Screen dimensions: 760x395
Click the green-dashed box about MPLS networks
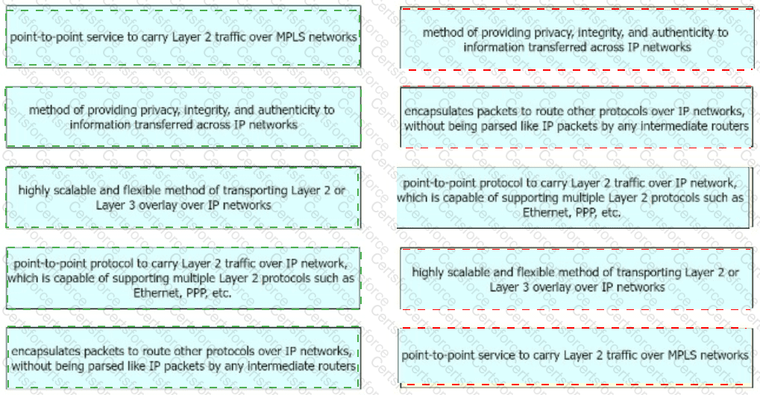click(x=183, y=37)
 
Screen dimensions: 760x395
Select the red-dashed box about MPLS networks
click(x=575, y=356)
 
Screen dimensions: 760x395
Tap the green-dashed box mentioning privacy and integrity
click(x=183, y=117)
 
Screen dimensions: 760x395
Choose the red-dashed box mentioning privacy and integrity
click(x=577, y=39)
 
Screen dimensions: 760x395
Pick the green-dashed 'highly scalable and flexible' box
click(x=183, y=197)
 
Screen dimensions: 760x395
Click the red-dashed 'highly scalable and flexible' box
click(x=577, y=279)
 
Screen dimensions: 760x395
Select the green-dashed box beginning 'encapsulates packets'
click(x=183, y=358)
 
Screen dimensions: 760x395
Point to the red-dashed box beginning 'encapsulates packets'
click(x=577, y=117)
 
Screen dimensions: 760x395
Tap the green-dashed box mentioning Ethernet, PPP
click(x=183, y=278)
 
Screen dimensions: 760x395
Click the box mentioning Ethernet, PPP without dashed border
click(x=573, y=197)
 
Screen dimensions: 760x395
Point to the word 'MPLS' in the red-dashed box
click(x=682, y=355)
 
